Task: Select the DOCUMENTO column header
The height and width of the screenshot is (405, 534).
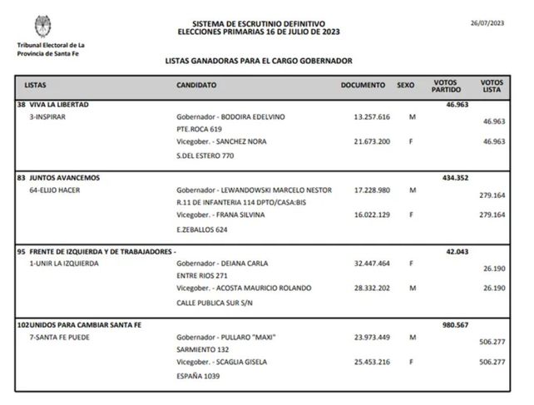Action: [x=363, y=86]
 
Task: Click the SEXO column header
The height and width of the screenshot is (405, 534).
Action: [x=405, y=86]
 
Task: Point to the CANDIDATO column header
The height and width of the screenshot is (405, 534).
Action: [x=196, y=86]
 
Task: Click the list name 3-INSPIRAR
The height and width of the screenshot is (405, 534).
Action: [x=47, y=117]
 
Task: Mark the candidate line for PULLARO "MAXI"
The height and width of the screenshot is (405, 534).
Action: [x=226, y=337]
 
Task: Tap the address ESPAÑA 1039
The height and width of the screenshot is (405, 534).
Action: [x=197, y=375]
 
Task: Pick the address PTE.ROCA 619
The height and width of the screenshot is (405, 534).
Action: [x=199, y=130]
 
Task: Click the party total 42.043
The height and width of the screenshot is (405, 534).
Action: [x=458, y=251]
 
